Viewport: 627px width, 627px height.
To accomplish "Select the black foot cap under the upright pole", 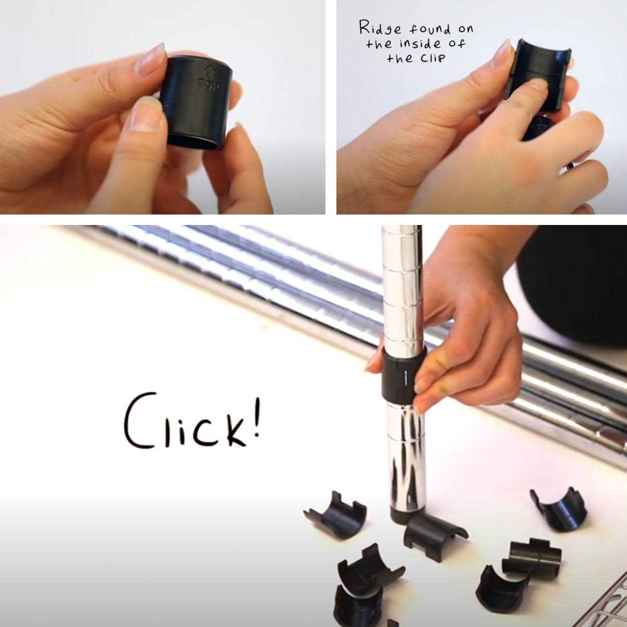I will click(x=404, y=516).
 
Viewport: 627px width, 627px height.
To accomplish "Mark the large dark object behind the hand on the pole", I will click(x=573, y=286).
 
